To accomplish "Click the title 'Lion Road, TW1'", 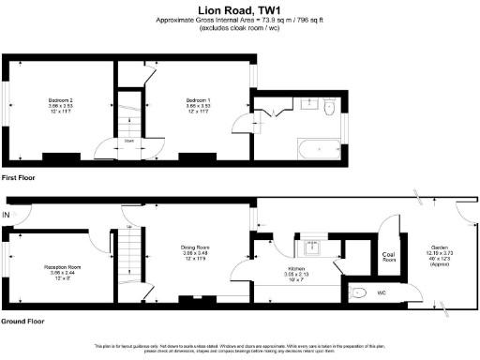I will (240, 8).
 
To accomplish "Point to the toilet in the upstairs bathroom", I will (326, 109).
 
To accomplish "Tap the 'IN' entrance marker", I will (7, 216).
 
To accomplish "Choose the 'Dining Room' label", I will (194, 247).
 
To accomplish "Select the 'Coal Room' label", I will (389, 256).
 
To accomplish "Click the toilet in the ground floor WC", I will (360, 292).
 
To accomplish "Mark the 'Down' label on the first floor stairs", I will (127, 141).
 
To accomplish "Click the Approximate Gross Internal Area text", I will (240, 21).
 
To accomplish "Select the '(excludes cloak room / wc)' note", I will (240, 29).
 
